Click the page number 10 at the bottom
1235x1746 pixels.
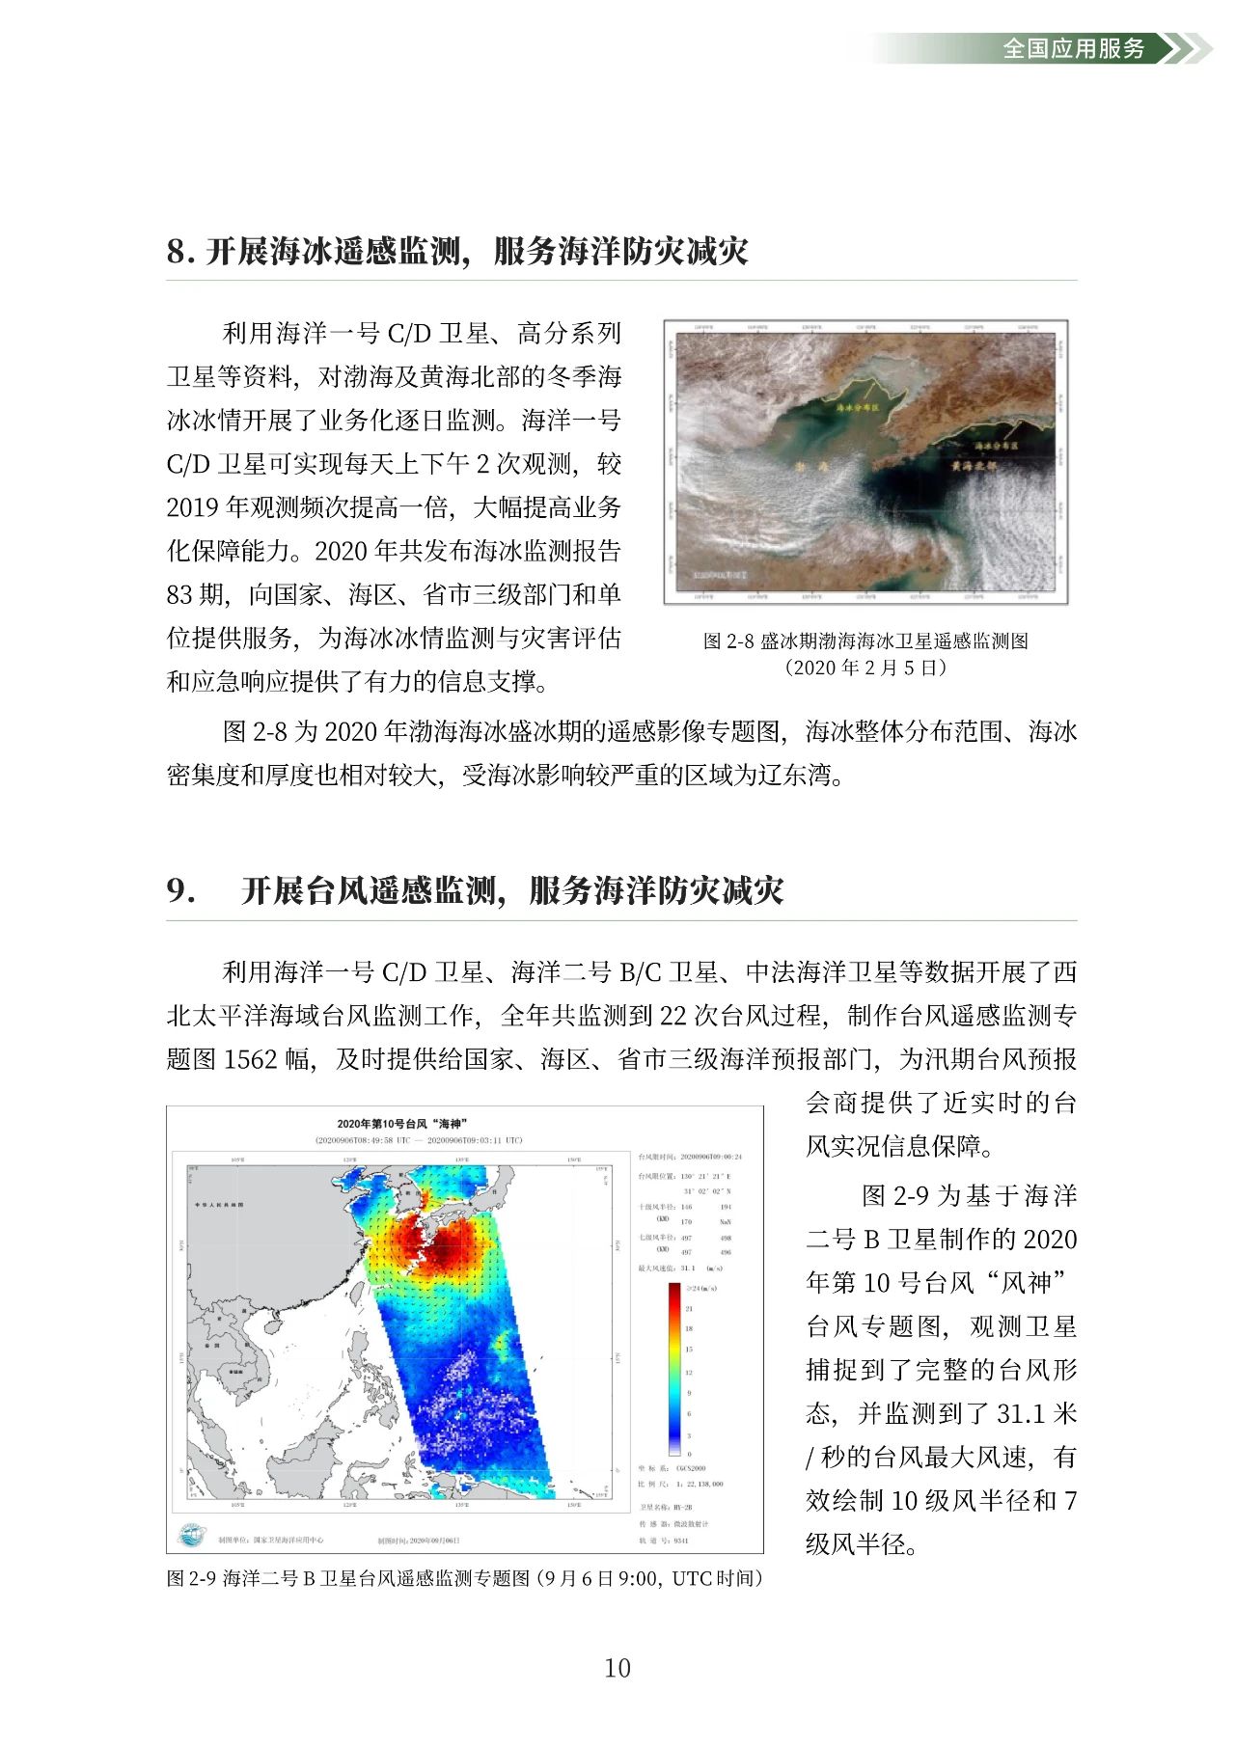pos(617,1668)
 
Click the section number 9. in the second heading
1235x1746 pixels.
pos(180,890)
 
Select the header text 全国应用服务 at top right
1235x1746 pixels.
pos(1073,48)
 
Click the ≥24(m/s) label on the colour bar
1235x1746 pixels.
pos(701,1289)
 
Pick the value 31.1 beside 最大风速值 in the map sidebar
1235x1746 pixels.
pos(687,1269)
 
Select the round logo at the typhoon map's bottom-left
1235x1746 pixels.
pos(191,1535)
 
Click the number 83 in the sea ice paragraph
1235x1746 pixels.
pos(180,595)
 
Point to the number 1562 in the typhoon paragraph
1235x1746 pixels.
pos(251,1059)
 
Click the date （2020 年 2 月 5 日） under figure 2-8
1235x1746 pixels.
pos(864,668)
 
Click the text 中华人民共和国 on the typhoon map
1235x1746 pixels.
pos(219,1205)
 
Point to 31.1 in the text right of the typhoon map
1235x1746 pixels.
pos(1021,1414)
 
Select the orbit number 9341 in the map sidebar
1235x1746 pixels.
pos(681,1541)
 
